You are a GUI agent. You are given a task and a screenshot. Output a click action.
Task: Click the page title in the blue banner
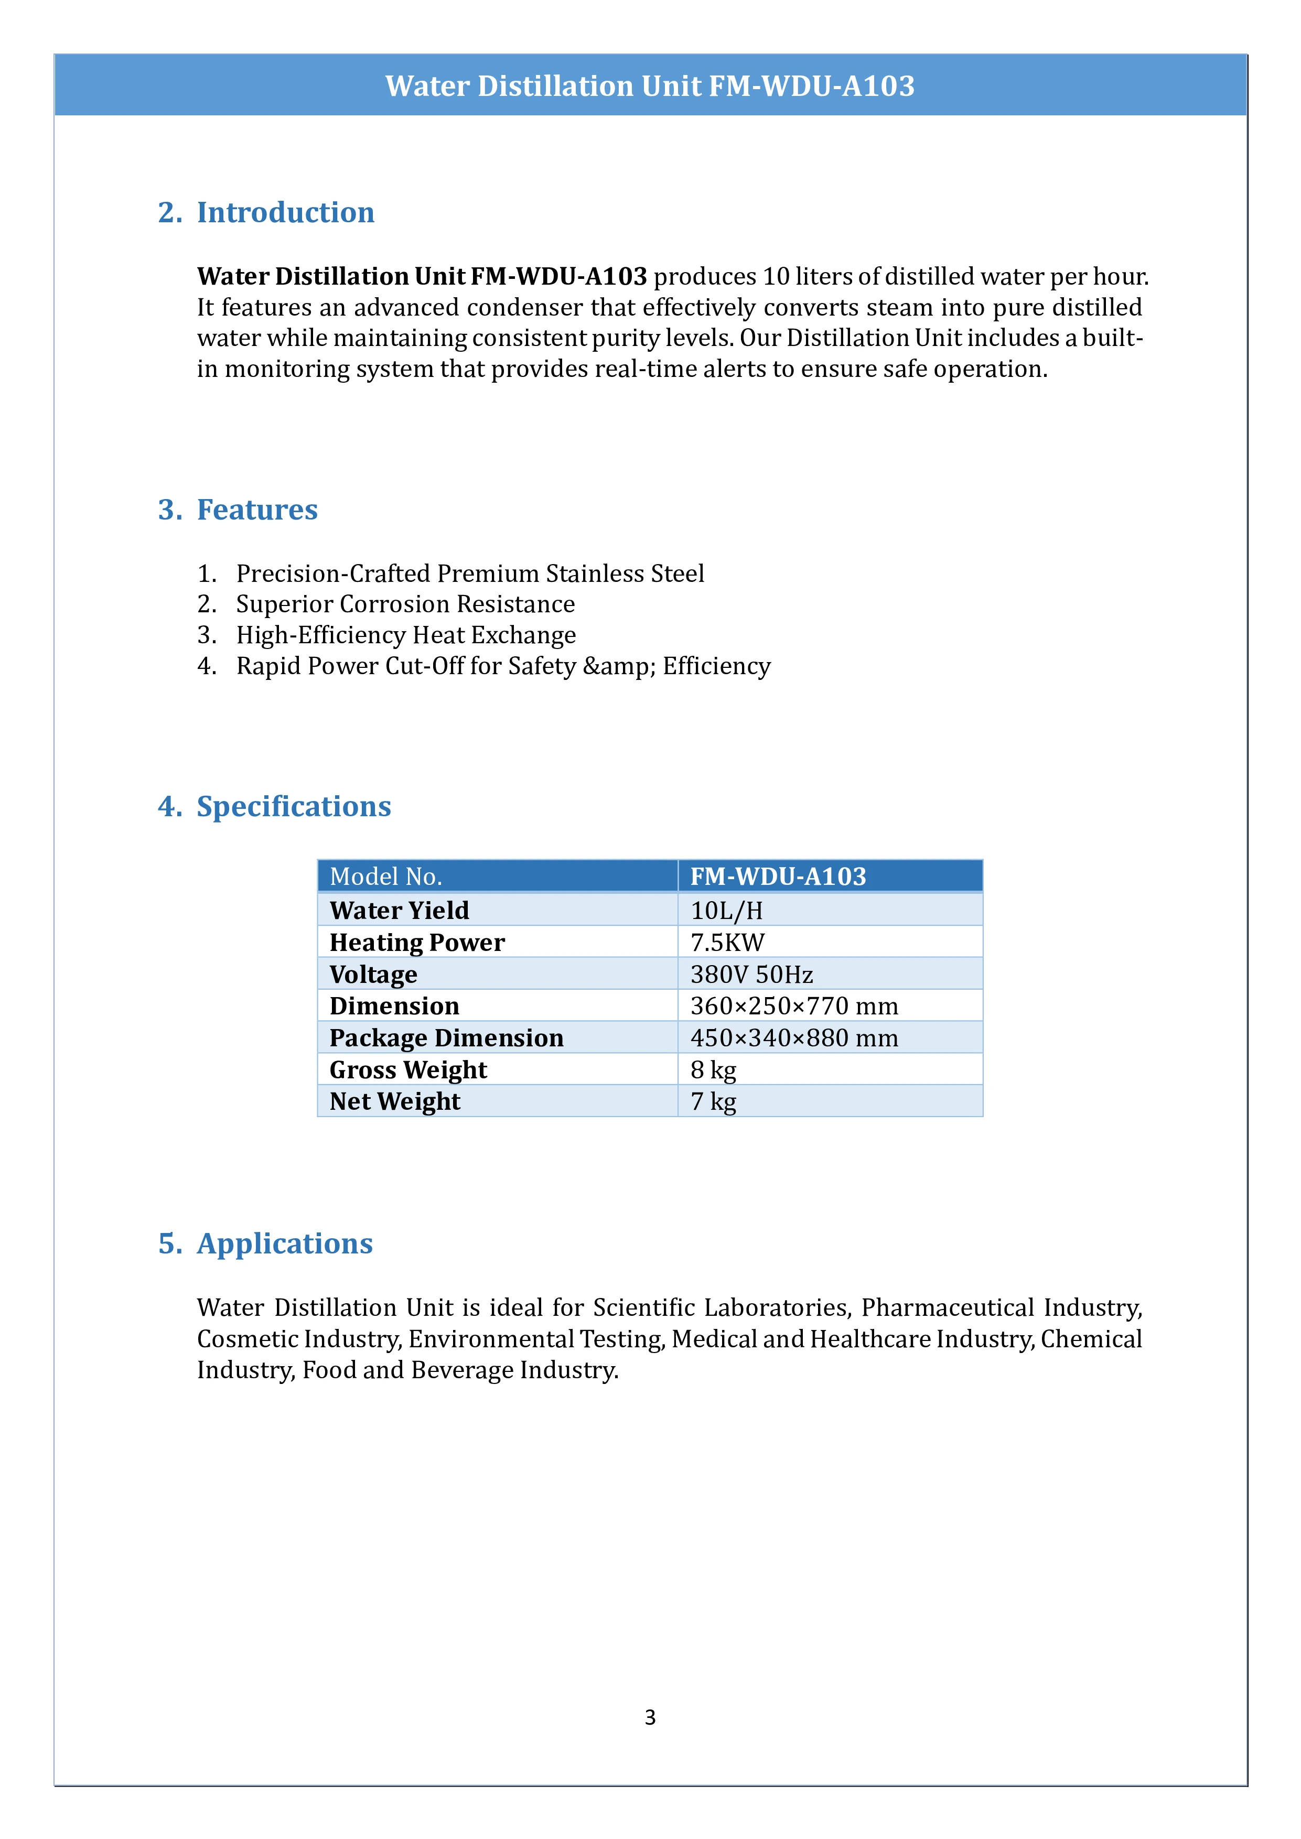[650, 85]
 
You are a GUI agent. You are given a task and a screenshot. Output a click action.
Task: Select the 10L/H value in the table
[727, 911]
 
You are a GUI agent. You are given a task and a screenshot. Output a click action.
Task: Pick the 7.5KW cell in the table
[727, 942]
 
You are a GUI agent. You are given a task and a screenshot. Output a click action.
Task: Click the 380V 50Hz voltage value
[751, 974]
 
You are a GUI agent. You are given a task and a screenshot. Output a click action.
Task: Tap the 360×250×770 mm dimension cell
[794, 1006]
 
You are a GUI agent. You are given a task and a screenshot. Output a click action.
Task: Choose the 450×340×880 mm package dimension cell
[794, 1038]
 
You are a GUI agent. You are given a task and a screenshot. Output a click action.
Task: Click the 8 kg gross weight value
[713, 1070]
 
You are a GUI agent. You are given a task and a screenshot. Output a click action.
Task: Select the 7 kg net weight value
[713, 1101]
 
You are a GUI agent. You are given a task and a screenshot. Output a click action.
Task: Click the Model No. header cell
[385, 876]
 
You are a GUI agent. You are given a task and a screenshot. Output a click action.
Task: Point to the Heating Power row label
[416, 942]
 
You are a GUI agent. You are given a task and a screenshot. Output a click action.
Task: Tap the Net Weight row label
[394, 1101]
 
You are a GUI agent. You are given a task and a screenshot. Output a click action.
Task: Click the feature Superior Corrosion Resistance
[405, 604]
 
